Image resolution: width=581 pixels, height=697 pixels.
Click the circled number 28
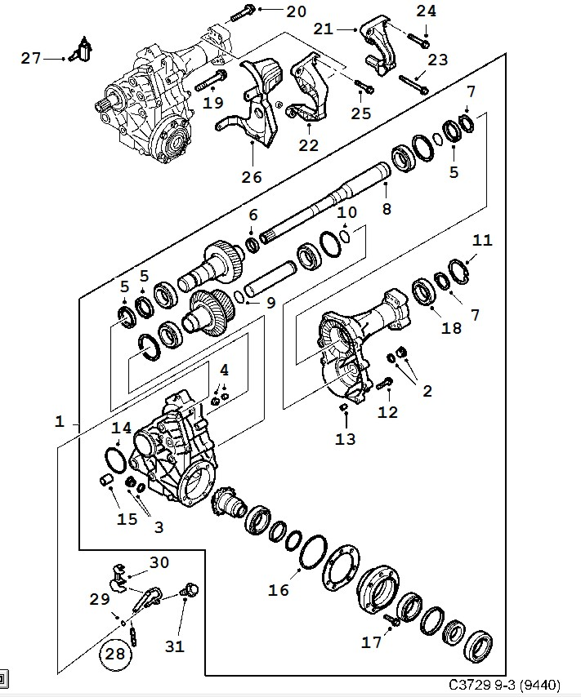click(115, 654)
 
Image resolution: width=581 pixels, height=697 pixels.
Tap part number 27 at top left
click(31, 58)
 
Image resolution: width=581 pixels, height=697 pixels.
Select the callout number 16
click(279, 590)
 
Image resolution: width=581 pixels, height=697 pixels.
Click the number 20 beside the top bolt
click(296, 11)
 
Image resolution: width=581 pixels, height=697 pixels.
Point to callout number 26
click(252, 177)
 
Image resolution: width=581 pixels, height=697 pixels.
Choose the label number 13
click(346, 439)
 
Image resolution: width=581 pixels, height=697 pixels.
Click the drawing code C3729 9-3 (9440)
click(504, 684)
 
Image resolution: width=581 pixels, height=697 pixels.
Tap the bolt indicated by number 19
click(210, 81)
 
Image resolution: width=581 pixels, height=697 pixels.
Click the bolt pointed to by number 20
click(242, 13)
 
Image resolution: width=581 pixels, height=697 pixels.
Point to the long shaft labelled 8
click(325, 205)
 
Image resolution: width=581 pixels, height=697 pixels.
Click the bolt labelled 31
click(189, 590)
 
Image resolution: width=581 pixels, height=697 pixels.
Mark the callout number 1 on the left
click(60, 421)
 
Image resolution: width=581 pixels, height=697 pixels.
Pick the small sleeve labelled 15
click(106, 481)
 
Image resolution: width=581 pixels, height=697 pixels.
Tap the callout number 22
click(309, 145)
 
